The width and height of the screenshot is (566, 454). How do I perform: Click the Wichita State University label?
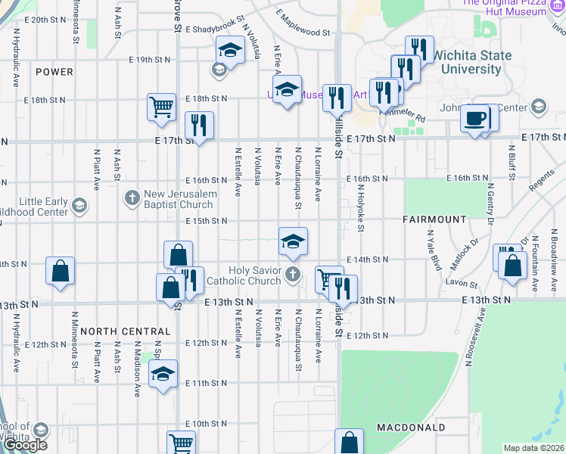(x=471, y=62)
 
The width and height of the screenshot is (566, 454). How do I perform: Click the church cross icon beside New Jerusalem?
(x=132, y=200)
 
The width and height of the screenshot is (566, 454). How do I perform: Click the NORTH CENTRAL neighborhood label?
(x=125, y=331)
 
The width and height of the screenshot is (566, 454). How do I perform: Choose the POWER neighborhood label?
(x=54, y=72)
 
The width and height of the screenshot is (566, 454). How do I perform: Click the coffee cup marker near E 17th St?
(x=476, y=119)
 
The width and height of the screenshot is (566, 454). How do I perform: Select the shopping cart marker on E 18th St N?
(x=161, y=107)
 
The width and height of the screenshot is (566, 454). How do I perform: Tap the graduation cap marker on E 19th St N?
(x=229, y=51)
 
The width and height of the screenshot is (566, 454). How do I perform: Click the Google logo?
(x=25, y=444)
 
